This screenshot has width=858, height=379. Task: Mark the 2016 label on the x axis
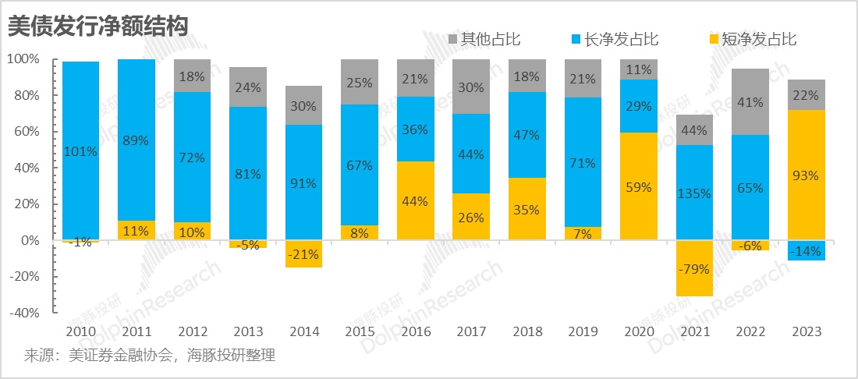tap(416, 331)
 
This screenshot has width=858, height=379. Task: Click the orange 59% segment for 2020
tap(639, 186)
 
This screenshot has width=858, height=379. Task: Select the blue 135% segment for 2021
tap(694, 193)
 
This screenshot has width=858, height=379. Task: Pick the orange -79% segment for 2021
tap(694, 268)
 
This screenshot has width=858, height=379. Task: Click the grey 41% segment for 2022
tap(750, 102)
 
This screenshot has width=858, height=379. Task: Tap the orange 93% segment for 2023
tap(806, 175)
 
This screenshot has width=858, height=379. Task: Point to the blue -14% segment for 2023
tap(806, 250)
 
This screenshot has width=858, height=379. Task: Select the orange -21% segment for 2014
tap(304, 254)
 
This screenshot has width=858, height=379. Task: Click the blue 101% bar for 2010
tap(81, 151)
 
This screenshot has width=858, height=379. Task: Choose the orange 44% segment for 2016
tap(416, 201)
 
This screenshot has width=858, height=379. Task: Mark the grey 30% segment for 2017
tap(471, 87)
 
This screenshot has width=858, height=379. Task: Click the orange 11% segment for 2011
tap(137, 231)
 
